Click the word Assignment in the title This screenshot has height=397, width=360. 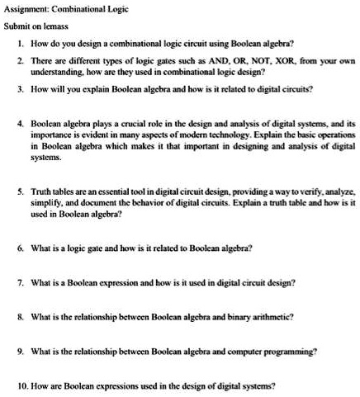coord(26,8)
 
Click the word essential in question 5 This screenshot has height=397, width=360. coord(103,191)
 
